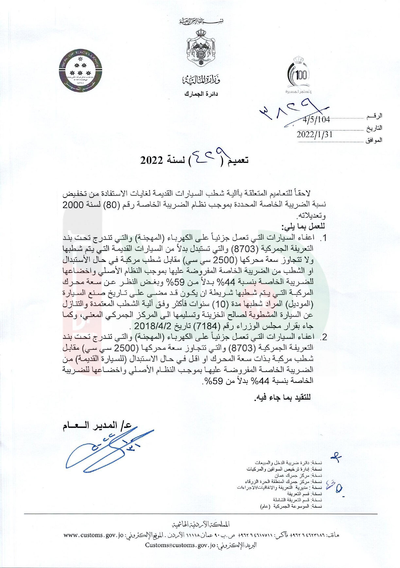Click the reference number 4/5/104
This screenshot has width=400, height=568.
click(x=316, y=119)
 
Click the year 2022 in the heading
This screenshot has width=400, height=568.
click(x=152, y=160)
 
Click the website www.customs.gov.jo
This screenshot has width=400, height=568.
click(x=93, y=535)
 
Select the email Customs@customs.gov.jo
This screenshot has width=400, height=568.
click(x=180, y=545)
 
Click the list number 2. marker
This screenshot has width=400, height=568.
click(x=323, y=337)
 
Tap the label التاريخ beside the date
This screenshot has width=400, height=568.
click(x=374, y=128)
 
